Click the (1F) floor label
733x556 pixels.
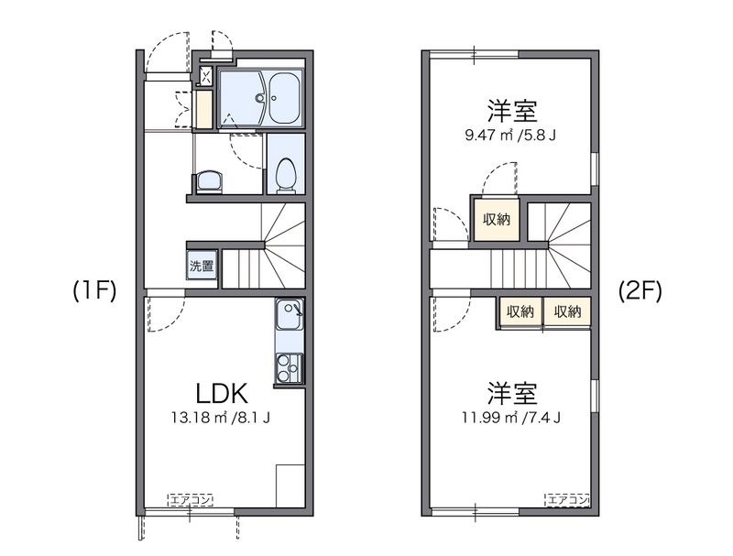pyautogui.click(x=94, y=291)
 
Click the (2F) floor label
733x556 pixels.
pyautogui.click(x=640, y=291)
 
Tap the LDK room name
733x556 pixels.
pyautogui.click(x=221, y=393)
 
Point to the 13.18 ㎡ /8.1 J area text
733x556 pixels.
pyautogui.click(x=220, y=418)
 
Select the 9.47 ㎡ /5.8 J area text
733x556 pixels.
pyautogui.click(x=510, y=136)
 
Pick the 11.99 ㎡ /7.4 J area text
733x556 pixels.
pyautogui.click(x=511, y=417)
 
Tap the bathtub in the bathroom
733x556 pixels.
pyautogui.click(x=285, y=98)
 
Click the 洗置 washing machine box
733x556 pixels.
pyautogui.click(x=202, y=266)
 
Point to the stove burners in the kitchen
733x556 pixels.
pyautogui.click(x=290, y=368)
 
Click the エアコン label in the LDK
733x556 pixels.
pyautogui.click(x=191, y=500)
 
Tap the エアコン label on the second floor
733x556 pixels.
pyautogui.click(x=567, y=500)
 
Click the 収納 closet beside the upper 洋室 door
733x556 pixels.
pyautogui.click(x=497, y=220)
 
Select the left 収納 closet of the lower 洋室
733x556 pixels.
pyautogui.click(x=520, y=311)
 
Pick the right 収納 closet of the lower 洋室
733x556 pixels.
pyautogui.click(x=567, y=311)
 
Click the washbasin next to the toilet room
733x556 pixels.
pyautogui.click(x=209, y=182)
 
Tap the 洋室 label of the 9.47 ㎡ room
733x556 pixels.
pyautogui.click(x=512, y=111)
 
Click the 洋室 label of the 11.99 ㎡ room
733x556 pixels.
pyautogui.click(x=512, y=393)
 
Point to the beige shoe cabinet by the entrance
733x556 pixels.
pyautogui.click(x=204, y=109)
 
